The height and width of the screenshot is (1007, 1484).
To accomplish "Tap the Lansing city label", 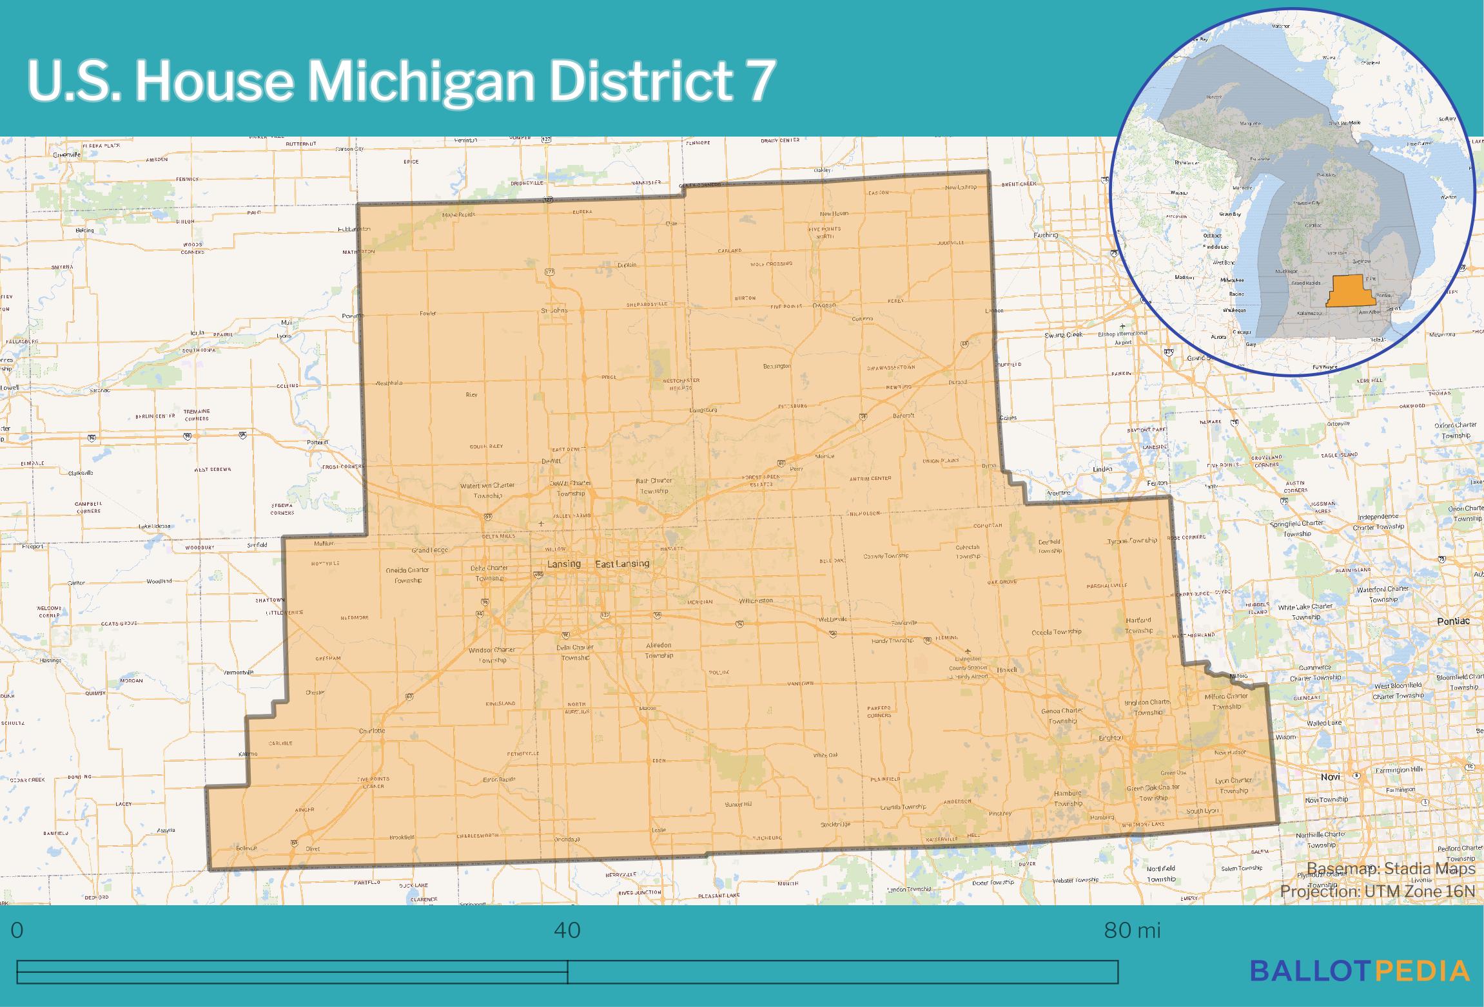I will pos(563,564).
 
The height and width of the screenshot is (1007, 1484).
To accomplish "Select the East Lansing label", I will pos(621,564).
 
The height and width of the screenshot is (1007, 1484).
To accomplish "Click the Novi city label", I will pos(1330,776).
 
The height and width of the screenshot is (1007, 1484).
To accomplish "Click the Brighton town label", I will pos(1110,738).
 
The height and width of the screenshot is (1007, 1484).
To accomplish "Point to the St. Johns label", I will pos(554,311).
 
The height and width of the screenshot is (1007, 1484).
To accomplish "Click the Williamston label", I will pos(756,600).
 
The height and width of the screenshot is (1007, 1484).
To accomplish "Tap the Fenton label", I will pos(1157,483).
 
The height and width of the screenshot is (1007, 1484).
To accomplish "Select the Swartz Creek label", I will pos(1064,335).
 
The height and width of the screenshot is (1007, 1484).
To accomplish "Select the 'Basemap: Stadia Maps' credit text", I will pos(1391,868).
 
